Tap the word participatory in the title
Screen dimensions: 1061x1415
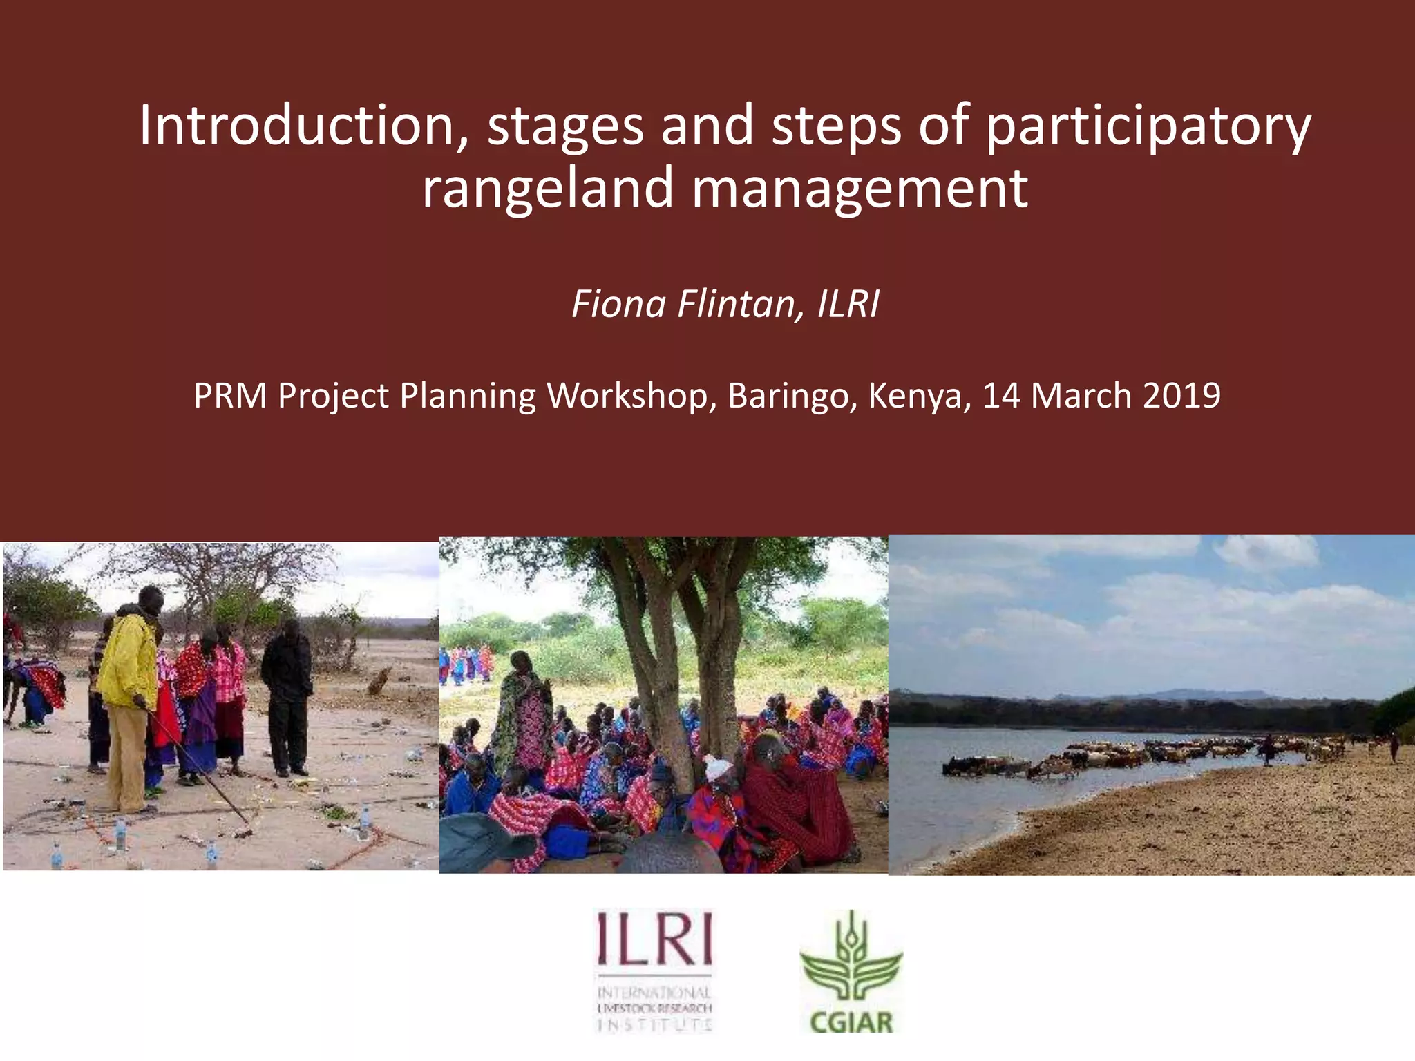pos(1148,128)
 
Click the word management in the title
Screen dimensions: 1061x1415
pos(860,189)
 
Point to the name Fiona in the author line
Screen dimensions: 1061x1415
pos(618,304)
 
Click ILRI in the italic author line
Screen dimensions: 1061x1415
pos(848,304)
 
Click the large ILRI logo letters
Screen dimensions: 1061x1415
pos(654,939)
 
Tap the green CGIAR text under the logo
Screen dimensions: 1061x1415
pos(851,1022)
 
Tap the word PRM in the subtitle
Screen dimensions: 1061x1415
pos(230,396)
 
